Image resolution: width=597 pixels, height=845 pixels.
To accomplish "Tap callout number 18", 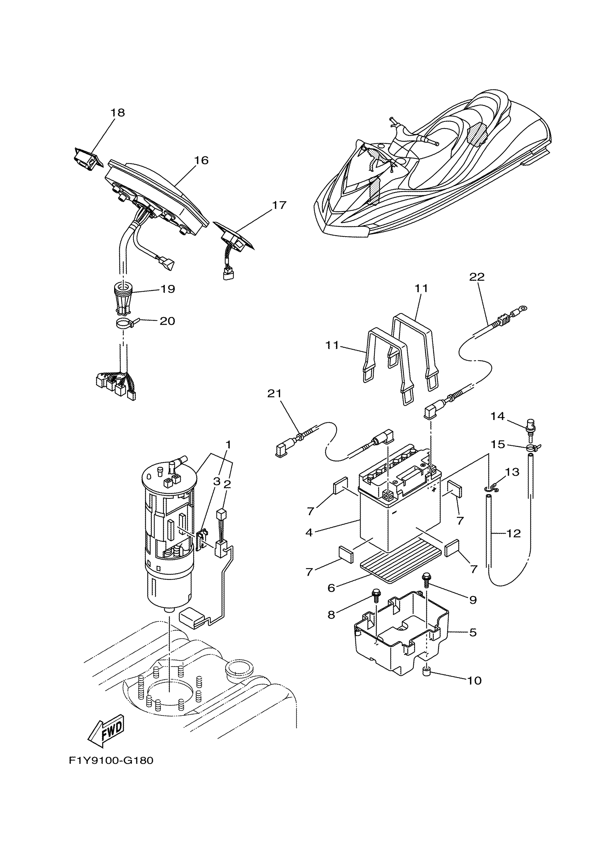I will point(118,113).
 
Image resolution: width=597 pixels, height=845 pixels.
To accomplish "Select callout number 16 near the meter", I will point(201,160).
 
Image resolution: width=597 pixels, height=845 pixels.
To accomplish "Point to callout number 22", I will point(477,277).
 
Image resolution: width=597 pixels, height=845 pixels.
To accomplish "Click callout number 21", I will point(274,394).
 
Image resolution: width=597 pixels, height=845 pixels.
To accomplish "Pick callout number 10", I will point(474,680).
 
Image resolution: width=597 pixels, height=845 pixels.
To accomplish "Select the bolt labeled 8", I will point(376,595).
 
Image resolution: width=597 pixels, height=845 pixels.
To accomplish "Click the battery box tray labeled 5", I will point(401,633).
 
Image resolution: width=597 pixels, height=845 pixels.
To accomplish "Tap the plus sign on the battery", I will point(434,489).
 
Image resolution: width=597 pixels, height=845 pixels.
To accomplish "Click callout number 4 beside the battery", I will point(309,532).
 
